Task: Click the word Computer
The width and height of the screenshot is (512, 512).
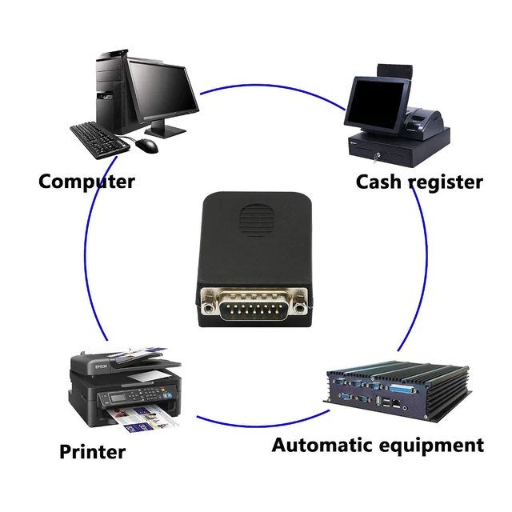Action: [86, 182]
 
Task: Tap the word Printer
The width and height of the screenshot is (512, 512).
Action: [93, 452]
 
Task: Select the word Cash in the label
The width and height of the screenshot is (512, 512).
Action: [378, 182]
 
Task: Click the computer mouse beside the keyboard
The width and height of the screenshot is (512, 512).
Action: [147, 145]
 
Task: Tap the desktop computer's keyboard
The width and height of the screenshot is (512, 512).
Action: [99, 141]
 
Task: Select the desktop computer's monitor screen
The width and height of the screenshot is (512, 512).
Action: [162, 88]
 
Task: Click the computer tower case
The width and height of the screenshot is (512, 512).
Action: [111, 91]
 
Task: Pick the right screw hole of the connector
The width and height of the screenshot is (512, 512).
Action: [298, 307]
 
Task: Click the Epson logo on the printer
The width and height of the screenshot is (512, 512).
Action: [101, 367]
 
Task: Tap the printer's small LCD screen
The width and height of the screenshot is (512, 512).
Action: [118, 398]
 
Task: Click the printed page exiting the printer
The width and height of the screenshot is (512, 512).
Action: [144, 418]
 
